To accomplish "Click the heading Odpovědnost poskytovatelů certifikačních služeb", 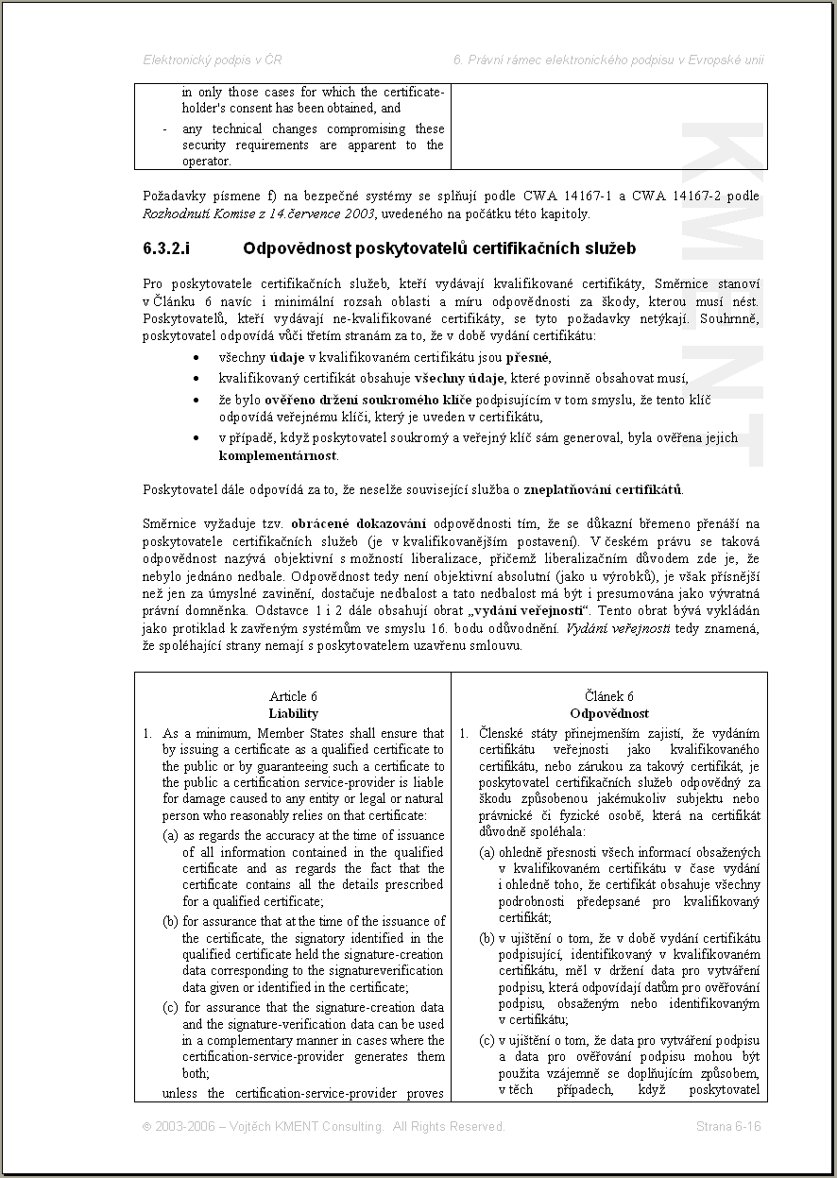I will [438, 249].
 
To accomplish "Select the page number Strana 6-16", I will [728, 1126].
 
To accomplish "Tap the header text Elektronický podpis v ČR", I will [212, 60].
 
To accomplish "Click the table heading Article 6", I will [293, 697].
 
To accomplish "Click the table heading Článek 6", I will [609, 697].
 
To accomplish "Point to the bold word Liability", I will [293, 713].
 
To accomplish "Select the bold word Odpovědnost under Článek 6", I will [609, 713].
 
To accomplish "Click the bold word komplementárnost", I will [278, 455].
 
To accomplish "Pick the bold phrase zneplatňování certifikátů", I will [618, 489].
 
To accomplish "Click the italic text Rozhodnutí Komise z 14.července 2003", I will [259, 213].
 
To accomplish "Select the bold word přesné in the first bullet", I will [528, 358].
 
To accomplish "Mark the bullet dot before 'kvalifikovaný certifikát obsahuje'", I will [195, 379].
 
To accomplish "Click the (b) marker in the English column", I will [171, 921].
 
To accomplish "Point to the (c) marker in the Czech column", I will [487, 1041].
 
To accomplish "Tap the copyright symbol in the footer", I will [146, 1126].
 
